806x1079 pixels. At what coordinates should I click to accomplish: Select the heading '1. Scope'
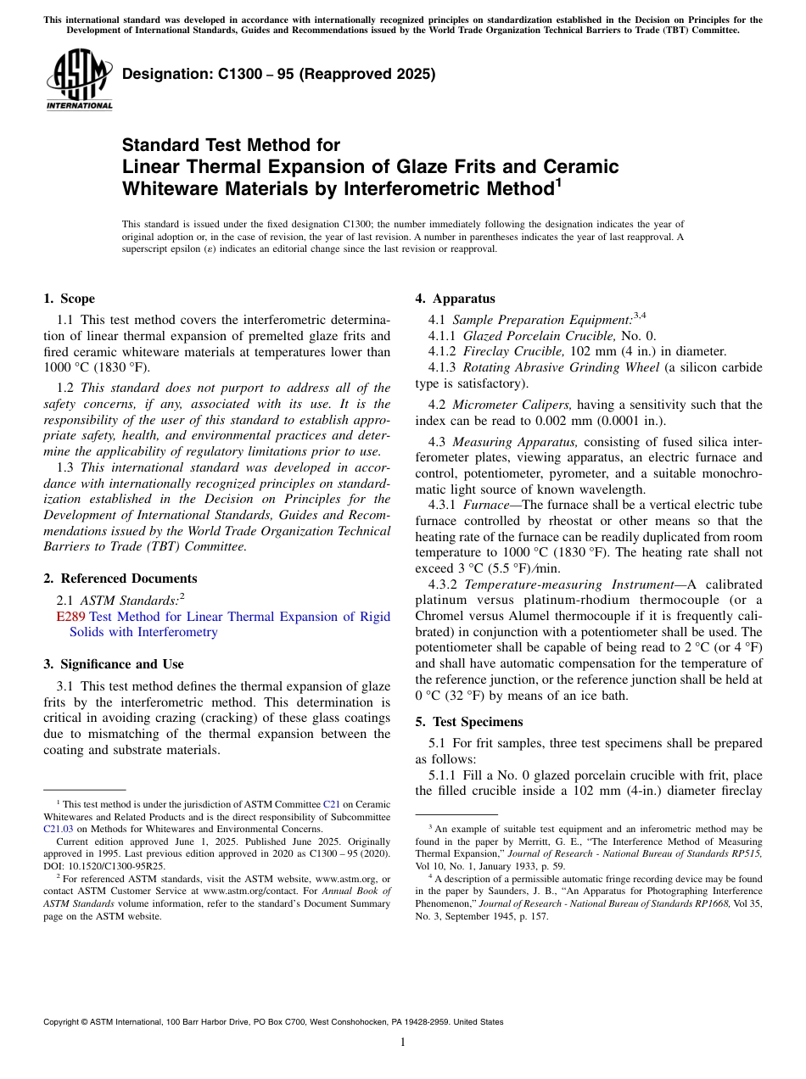[x=69, y=299]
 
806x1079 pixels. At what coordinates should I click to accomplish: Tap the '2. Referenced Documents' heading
[x=120, y=579]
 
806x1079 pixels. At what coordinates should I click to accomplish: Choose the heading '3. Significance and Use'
[x=113, y=664]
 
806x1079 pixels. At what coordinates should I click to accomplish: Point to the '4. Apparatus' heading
[x=455, y=299]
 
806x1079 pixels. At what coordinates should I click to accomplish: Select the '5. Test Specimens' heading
[x=469, y=722]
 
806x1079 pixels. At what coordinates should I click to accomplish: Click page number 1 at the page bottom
[x=403, y=1043]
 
